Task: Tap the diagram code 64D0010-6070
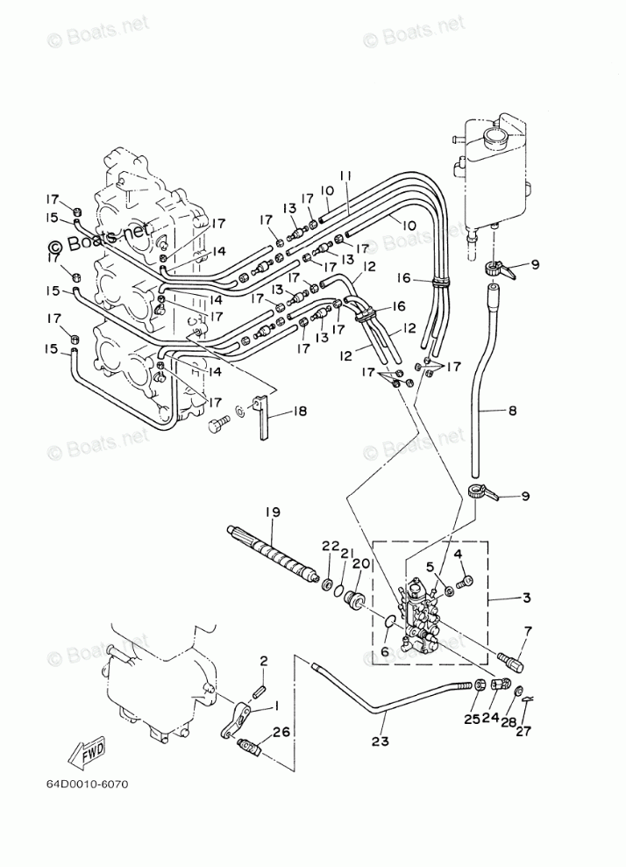tap(82, 784)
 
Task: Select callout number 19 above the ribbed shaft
tap(272, 512)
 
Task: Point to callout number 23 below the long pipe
tap(381, 742)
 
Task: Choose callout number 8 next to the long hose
tap(512, 412)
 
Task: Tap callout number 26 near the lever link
tap(281, 734)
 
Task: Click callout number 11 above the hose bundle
tap(345, 176)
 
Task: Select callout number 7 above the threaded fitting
tap(528, 630)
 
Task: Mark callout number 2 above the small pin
tap(264, 660)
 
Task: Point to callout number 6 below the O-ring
tap(385, 652)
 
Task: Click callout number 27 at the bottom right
tap(523, 731)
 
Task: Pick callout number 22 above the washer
tap(331, 546)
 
